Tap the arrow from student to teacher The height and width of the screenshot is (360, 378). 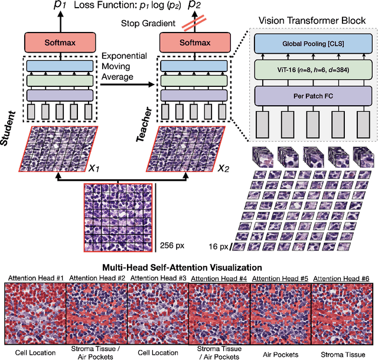[127, 85]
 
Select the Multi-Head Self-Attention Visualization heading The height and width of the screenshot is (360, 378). [189, 267]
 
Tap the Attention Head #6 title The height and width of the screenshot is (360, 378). [342, 277]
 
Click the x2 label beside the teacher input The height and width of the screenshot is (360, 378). [223, 168]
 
